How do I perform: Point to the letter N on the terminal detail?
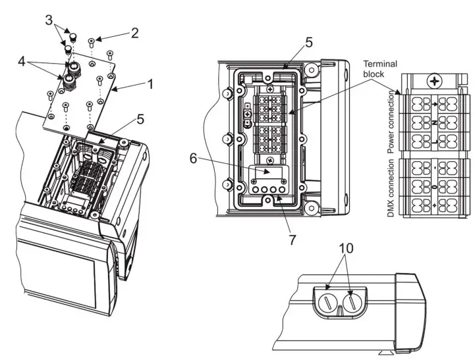click(435, 122)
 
